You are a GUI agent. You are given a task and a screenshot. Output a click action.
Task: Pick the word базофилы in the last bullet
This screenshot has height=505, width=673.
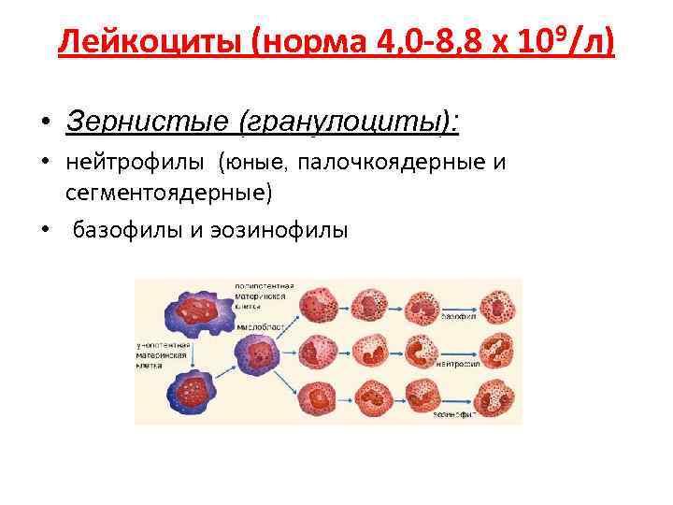pyautogui.click(x=132, y=230)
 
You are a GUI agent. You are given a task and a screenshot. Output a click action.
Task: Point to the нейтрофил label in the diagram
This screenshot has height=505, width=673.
pyautogui.click(x=461, y=364)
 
